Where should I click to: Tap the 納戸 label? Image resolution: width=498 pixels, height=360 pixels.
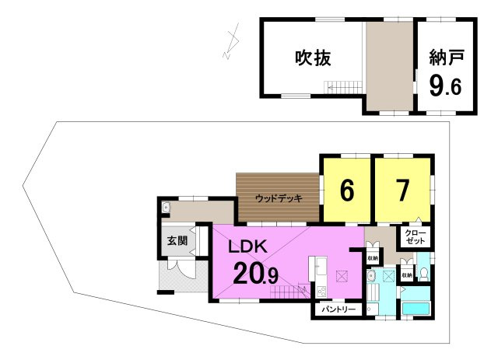tap(446, 58)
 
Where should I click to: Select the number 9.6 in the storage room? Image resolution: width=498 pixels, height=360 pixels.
tap(446, 84)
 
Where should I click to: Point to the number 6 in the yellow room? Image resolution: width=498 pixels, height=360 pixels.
tap(346, 190)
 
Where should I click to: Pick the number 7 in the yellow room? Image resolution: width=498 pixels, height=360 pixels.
tap(402, 190)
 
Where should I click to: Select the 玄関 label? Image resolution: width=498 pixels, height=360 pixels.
tap(177, 241)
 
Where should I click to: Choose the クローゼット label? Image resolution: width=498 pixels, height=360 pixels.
tap(414, 236)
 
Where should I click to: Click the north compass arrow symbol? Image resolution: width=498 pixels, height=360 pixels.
tap(231, 44)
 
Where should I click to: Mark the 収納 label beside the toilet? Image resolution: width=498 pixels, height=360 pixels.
tap(406, 275)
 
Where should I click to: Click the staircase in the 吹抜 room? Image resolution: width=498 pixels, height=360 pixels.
tap(343, 87)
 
